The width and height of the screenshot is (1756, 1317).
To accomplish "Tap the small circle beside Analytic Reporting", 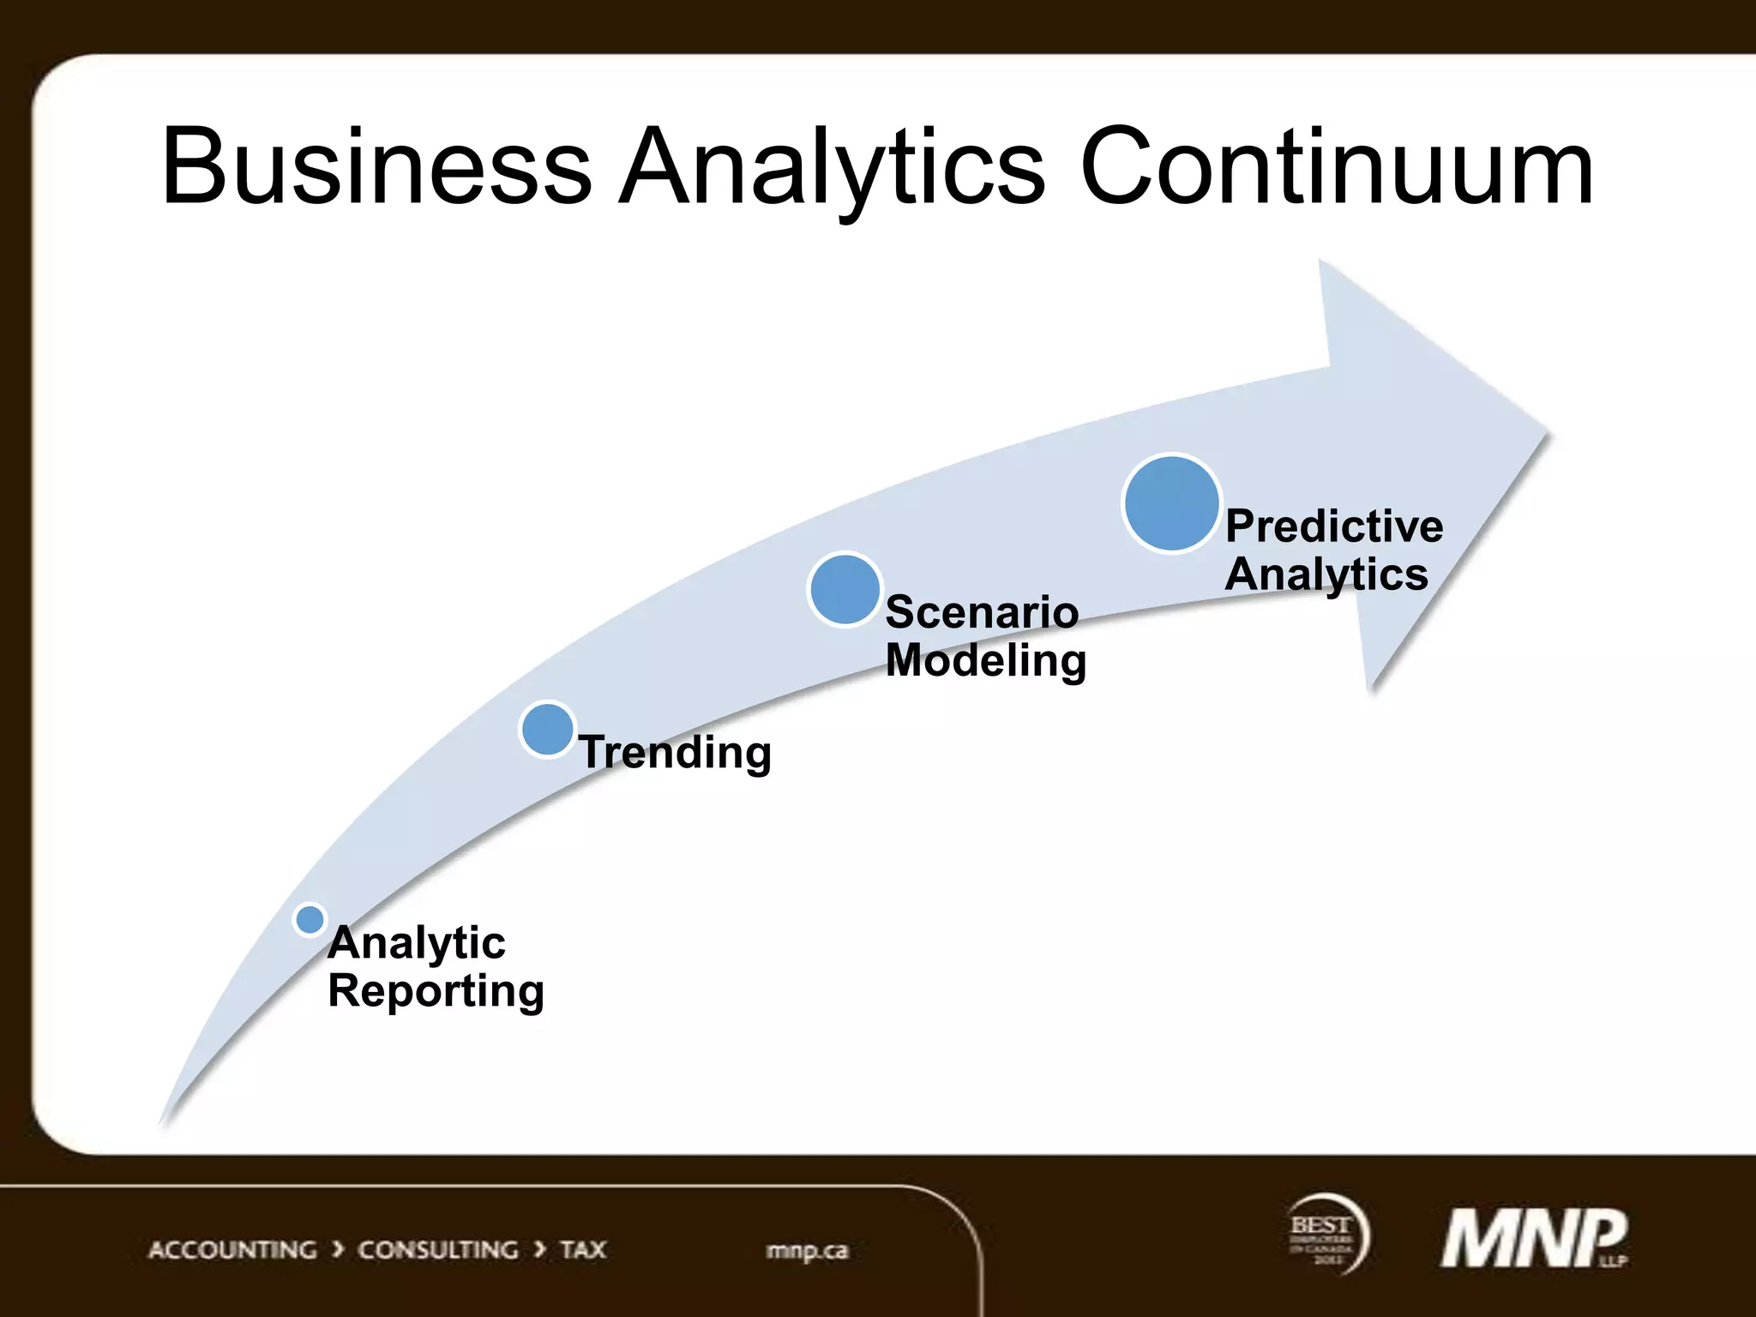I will (x=310, y=919).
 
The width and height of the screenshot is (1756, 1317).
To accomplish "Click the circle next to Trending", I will (x=547, y=730).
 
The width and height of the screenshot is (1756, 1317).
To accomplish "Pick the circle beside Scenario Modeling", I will (x=845, y=589).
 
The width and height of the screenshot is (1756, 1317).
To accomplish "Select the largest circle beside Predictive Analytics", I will (x=1171, y=503).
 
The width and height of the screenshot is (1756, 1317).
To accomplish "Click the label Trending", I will (x=676, y=752).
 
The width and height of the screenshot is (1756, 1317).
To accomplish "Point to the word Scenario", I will (x=982, y=612).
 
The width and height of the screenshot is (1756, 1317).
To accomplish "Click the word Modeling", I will (x=986, y=660).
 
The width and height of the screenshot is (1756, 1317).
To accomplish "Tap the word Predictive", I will (x=1334, y=526).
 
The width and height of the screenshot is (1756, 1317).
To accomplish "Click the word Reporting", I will (x=436, y=991).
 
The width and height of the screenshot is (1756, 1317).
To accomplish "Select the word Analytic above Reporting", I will (x=417, y=943).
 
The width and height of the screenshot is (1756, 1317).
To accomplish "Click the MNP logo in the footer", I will (x=1533, y=1238).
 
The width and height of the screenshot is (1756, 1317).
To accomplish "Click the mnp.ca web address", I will (x=807, y=1251).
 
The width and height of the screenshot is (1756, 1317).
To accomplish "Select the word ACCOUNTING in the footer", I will (x=232, y=1250).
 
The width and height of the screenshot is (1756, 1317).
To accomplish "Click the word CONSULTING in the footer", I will (x=437, y=1250).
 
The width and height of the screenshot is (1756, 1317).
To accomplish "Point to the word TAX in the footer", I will (x=583, y=1250).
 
